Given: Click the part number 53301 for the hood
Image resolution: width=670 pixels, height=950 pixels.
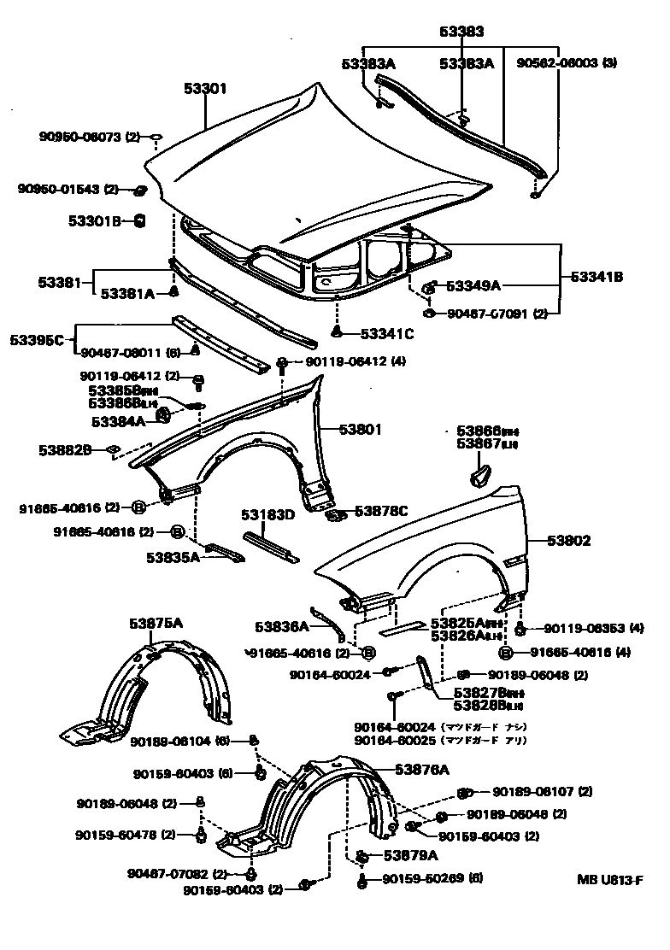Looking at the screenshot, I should click(x=205, y=89).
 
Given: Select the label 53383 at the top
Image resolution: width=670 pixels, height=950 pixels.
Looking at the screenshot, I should click(x=462, y=32).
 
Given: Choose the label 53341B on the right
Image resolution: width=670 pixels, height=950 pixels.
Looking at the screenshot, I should click(x=597, y=277).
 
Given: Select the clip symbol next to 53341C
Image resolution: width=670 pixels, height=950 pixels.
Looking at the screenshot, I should click(x=338, y=331).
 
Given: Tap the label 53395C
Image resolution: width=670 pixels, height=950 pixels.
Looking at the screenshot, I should click(x=37, y=340).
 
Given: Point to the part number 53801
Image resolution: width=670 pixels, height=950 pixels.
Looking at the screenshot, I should click(x=360, y=430).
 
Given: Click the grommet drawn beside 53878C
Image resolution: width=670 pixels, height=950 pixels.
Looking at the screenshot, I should click(x=337, y=514).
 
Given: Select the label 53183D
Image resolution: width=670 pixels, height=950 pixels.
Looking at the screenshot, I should click(x=267, y=515).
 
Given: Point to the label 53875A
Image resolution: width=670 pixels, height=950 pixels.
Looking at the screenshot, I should click(x=156, y=623).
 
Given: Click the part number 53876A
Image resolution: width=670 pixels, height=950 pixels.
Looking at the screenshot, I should click(x=421, y=769).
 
